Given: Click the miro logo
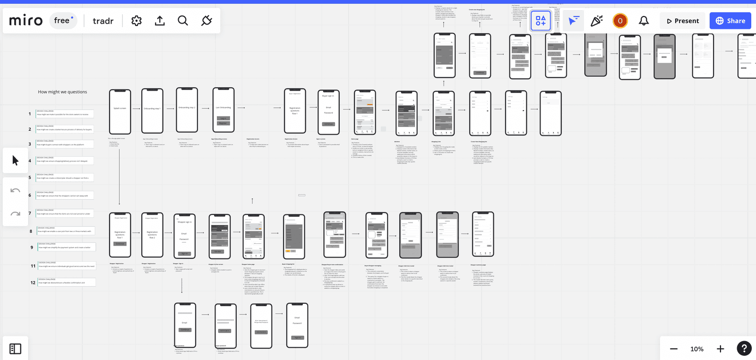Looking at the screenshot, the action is (26, 20).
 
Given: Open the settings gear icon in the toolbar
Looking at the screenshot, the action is (137, 21).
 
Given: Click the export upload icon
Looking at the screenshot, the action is (160, 21).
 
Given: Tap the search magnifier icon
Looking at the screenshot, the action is (183, 21).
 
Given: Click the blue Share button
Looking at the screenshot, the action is (730, 21).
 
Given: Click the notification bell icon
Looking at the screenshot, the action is (644, 21).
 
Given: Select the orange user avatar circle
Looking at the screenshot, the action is (620, 21).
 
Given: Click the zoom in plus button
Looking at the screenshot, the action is (720, 349).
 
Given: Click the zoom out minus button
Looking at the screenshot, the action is (674, 349).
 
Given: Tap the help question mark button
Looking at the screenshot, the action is (744, 349).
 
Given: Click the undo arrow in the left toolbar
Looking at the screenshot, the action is (16, 190).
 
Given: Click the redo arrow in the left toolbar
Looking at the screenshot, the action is (16, 214).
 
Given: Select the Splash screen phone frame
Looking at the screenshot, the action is (120, 111).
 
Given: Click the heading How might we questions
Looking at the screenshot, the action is (62, 92).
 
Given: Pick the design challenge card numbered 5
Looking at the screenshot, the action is (65, 178).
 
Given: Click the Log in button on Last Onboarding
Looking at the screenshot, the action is (223, 118).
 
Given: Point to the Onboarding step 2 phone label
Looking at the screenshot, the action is (187, 108).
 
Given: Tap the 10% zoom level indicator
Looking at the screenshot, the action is (696, 349).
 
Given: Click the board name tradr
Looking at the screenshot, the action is (103, 21).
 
